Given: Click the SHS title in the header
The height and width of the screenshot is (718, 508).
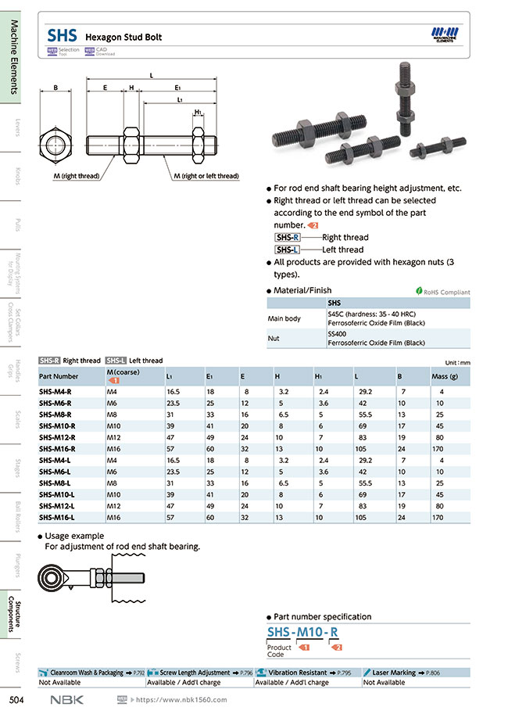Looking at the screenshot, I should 62,36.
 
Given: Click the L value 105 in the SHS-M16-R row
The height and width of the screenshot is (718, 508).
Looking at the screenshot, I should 360,449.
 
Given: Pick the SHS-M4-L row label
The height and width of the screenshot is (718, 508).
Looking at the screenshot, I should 55,460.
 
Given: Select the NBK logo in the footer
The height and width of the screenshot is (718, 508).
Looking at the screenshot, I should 66,699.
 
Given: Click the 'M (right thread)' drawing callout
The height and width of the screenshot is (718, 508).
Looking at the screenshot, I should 76,176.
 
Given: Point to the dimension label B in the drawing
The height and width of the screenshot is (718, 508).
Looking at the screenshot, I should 55,88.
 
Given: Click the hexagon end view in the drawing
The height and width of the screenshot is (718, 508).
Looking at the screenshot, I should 55,145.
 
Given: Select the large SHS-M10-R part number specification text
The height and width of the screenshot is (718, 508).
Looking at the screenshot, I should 303,632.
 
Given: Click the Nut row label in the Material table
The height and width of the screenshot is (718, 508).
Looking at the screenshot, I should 274,339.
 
